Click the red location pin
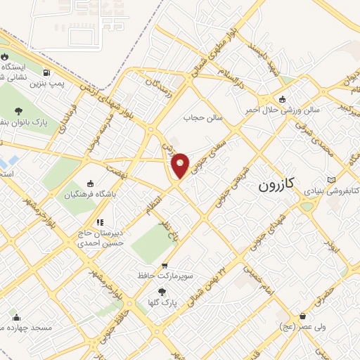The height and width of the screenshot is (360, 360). pyautogui.click(x=180, y=165)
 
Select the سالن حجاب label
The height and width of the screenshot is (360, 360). pyautogui.click(x=204, y=118)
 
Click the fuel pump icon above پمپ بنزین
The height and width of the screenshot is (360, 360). pyautogui.click(x=46, y=72)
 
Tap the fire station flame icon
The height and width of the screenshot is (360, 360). pyautogui.click(x=6, y=56)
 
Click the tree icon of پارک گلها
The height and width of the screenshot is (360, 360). pyautogui.click(x=163, y=291)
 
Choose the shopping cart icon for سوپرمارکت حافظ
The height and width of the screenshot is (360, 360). pyautogui.click(x=165, y=266)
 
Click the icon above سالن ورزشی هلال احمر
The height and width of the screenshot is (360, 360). pyautogui.click(x=282, y=99)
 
